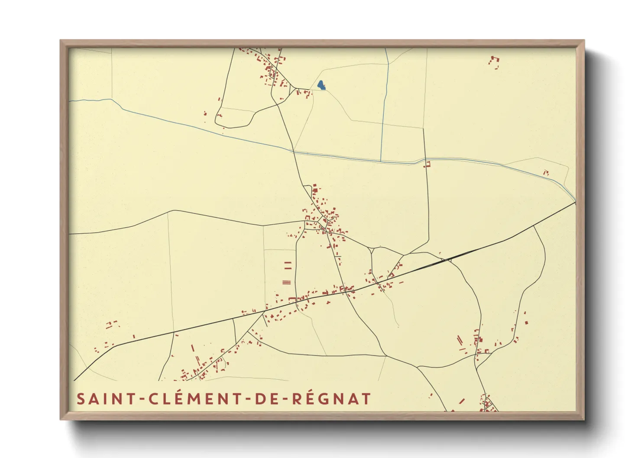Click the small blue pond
(321, 85)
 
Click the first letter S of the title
(81, 399)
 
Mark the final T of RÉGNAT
(366, 399)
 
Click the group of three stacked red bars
(286, 282)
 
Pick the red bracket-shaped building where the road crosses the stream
(428, 164)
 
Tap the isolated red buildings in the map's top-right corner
(494, 61)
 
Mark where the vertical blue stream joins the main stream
(381, 161)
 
